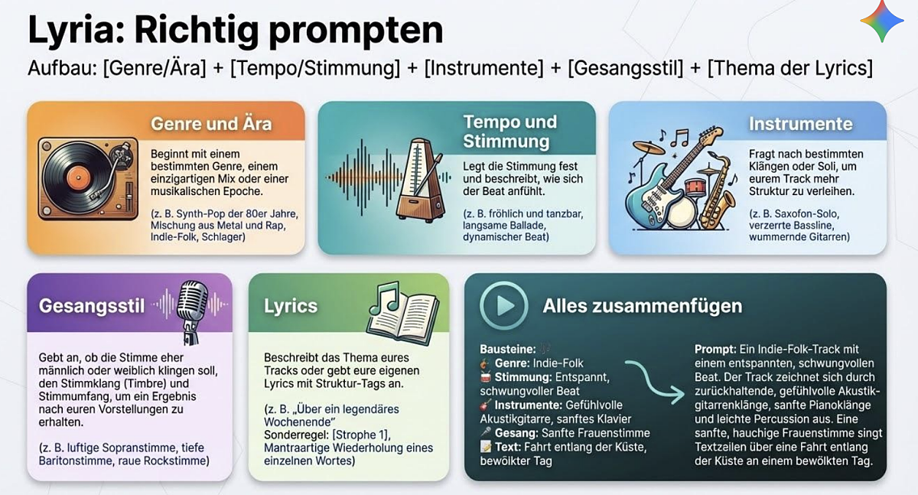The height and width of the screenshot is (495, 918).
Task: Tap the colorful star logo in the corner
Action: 881,21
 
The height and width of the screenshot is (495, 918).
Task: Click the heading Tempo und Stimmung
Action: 510,132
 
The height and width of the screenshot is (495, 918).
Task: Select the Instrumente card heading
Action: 800,124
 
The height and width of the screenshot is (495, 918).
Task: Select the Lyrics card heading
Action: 290,306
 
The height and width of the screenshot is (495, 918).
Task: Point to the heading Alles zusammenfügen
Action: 642,306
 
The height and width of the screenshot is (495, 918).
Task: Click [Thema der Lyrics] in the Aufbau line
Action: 789,68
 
